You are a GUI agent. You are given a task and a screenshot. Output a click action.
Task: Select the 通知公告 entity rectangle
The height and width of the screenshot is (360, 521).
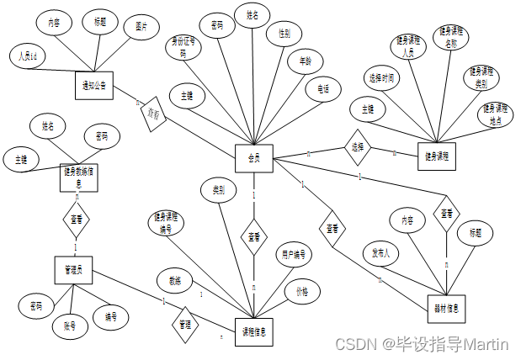(x=94, y=84)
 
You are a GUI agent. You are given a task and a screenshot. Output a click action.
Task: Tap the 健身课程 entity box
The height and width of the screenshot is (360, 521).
(x=438, y=156)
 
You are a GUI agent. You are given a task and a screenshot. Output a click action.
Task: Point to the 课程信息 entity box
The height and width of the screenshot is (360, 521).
(x=253, y=331)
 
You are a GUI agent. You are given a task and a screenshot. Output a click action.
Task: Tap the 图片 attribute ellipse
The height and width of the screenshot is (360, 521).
(x=141, y=27)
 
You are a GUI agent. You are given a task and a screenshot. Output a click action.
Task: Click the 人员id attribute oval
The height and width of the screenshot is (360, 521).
(x=26, y=56)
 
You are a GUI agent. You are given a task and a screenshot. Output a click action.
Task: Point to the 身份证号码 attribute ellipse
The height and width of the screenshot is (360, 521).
(x=183, y=45)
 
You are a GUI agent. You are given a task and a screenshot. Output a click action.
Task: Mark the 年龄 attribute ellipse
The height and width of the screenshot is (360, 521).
(x=305, y=61)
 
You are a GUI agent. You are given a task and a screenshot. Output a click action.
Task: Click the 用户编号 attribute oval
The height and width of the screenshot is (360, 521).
(x=293, y=253)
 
